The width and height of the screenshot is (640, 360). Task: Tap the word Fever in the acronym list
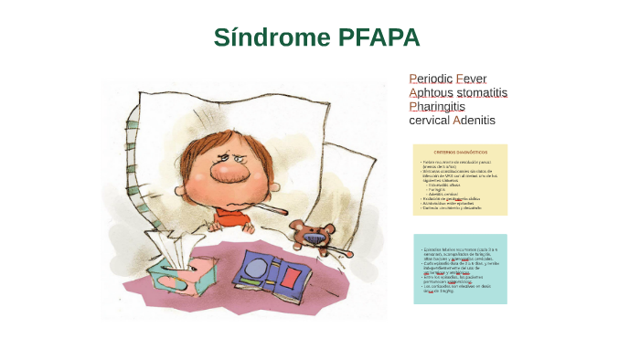pos(473,79)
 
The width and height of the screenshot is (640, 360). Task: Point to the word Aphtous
pos(431,92)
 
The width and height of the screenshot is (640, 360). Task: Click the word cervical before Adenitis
pos(429,120)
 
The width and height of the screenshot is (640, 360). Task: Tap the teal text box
pos(460,269)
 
